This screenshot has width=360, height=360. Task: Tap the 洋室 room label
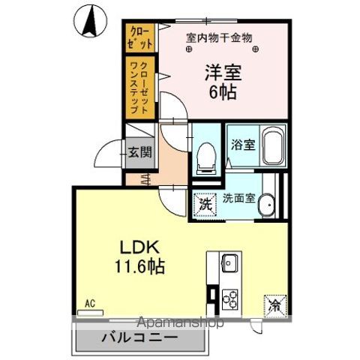(x=222, y=73)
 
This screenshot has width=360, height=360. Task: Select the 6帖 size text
(x=222, y=93)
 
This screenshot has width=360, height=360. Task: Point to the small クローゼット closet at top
(x=139, y=37)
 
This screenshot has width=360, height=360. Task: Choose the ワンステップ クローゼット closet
(x=139, y=87)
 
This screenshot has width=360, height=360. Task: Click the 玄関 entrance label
(x=139, y=151)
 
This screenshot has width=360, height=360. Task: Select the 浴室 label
(x=243, y=144)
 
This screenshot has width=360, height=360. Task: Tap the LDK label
(x=133, y=247)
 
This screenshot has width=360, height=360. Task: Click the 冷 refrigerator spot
(x=273, y=305)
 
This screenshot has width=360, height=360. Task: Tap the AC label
(x=90, y=303)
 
